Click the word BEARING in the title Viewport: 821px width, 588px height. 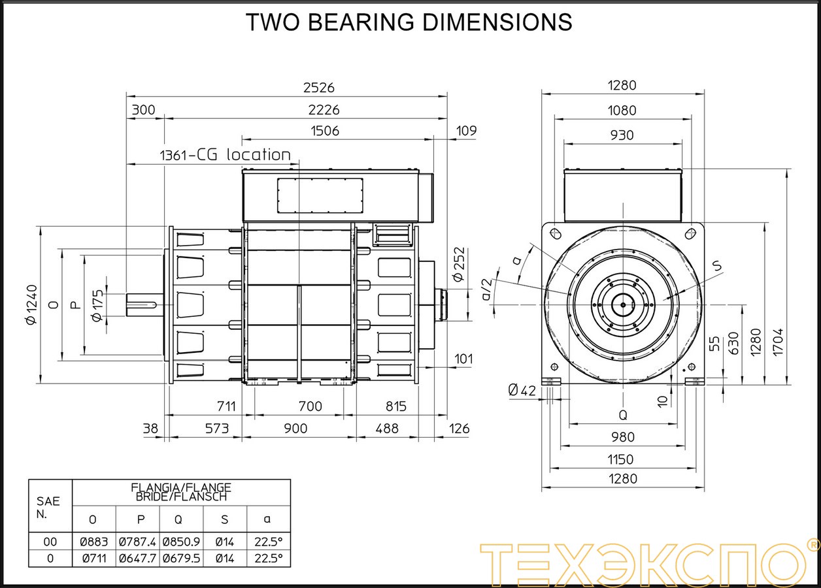[361, 22]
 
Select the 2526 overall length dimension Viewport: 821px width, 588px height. [319, 88]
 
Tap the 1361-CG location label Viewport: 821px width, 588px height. [226, 155]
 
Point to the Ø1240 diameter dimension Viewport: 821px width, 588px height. [32, 304]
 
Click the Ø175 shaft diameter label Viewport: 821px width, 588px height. [97, 306]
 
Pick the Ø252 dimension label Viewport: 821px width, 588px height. [459, 265]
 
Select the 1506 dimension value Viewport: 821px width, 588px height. [325, 131]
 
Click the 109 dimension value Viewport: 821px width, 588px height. [466, 131]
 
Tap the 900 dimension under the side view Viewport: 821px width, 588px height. [295, 429]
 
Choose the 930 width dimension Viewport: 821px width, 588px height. [622, 135]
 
